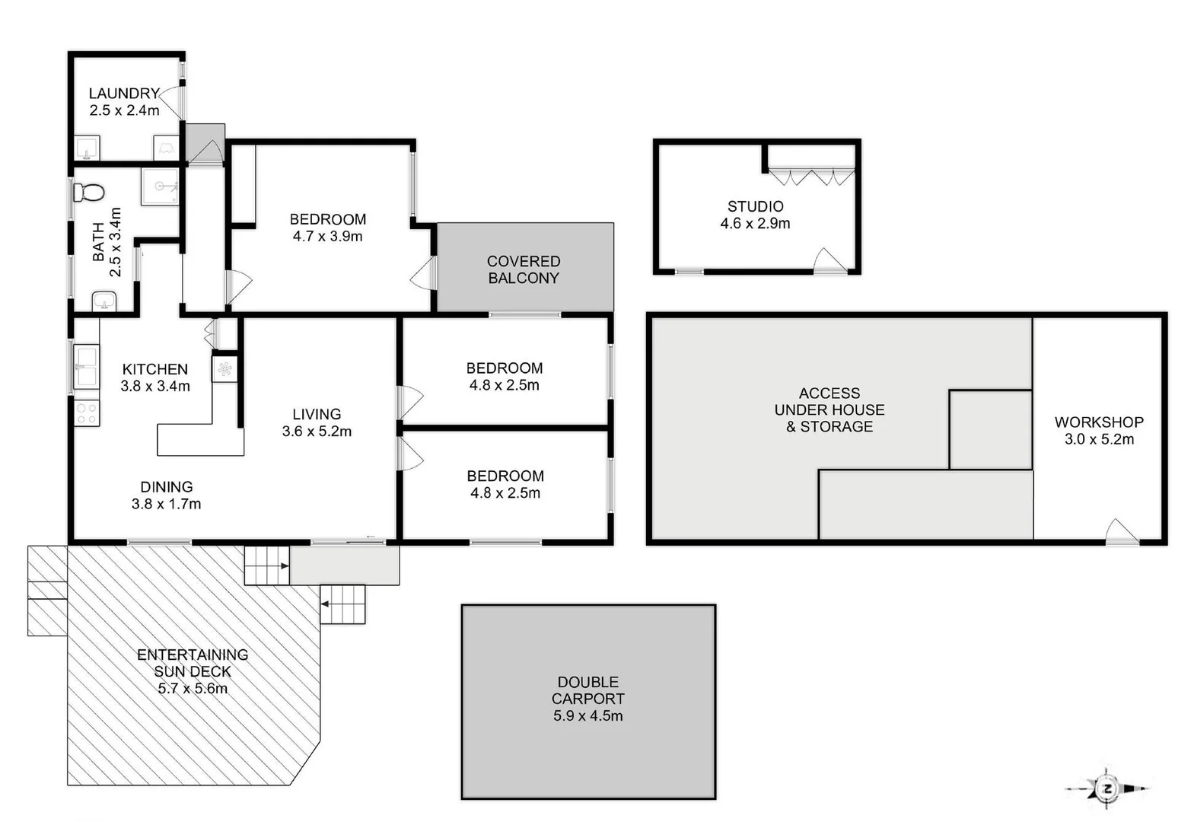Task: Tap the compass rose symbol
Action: pos(1108,789)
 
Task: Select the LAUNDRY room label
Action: pos(124,93)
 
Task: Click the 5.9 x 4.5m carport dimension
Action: pos(587,715)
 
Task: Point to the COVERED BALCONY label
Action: pos(524,269)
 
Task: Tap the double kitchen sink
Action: pos(86,366)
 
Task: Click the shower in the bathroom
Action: pos(160,186)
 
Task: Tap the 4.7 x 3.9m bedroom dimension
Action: pos(327,237)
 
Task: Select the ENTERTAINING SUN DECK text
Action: pos(193,663)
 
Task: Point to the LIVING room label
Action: pos(317,414)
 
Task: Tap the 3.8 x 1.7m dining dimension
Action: pos(166,504)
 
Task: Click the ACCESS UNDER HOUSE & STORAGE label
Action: pos(829,409)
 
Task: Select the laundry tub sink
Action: pos(88,148)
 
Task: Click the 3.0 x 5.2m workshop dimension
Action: pos(1098,439)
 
